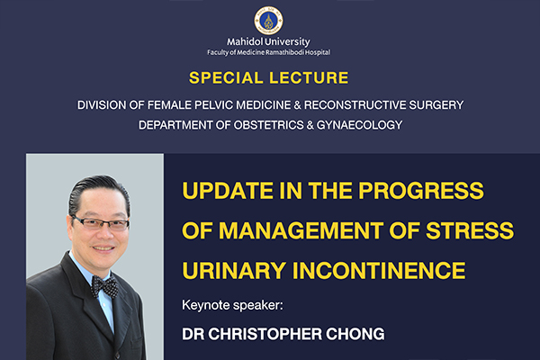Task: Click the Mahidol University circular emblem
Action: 268,21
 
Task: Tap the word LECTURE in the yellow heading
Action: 309,78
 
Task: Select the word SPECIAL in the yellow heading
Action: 226,78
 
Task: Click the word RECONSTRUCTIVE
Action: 355,105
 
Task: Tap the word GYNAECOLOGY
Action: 359,125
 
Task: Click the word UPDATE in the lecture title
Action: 228,191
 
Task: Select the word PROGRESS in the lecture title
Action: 421,191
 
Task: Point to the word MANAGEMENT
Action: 301,230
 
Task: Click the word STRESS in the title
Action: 470,230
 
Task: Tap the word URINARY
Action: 234,270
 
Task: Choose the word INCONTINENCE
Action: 379,270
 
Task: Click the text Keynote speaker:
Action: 232,305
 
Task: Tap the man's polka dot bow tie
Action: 104,286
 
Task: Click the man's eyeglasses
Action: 101,223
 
